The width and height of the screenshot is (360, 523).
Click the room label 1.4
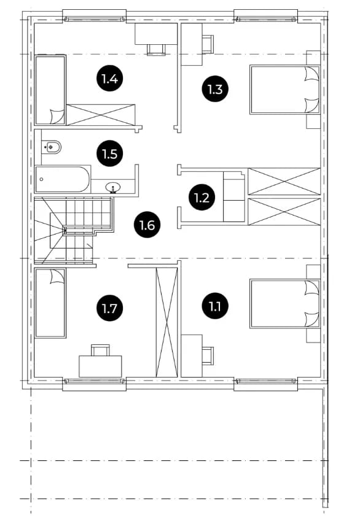[x=110, y=79]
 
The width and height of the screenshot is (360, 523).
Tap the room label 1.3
[x=215, y=89]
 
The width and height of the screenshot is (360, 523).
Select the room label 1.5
[x=110, y=154]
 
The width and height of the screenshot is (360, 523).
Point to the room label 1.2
[x=202, y=198]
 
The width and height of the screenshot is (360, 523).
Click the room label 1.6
[x=147, y=225]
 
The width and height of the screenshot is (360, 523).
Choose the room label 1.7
[x=109, y=308]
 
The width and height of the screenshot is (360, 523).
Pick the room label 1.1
[x=215, y=306]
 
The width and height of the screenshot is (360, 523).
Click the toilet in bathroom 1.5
[x=52, y=147]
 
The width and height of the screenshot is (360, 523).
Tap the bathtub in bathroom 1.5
[x=63, y=179]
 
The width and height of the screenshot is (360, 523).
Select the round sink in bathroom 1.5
[x=113, y=188]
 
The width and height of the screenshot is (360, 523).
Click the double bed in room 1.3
[x=284, y=90]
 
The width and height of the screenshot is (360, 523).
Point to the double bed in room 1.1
[x=284, y=304]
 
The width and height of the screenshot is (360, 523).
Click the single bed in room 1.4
[x=50, y=90]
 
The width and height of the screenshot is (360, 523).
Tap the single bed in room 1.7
[x=50, y=303]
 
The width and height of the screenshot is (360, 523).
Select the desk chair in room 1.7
[x=101, y=351]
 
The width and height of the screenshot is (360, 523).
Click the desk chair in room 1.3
[x=208, y=44]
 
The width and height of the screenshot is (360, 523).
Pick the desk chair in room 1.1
[x=208, y=356]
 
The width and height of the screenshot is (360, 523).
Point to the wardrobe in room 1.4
[x=101, y=115]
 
